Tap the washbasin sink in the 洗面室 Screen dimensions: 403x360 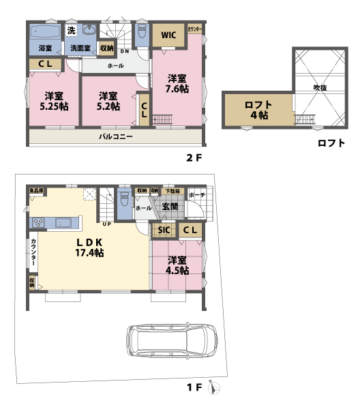point(89,31)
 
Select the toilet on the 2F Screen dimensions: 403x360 point(141,31)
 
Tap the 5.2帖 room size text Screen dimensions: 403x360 point(108,106)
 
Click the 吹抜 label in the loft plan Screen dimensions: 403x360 point(320,87)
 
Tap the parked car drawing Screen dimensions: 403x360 point(171,338)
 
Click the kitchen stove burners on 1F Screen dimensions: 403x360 point(37,222)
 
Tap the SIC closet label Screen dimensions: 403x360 point(164,230)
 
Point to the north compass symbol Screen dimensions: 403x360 point(216,388)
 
